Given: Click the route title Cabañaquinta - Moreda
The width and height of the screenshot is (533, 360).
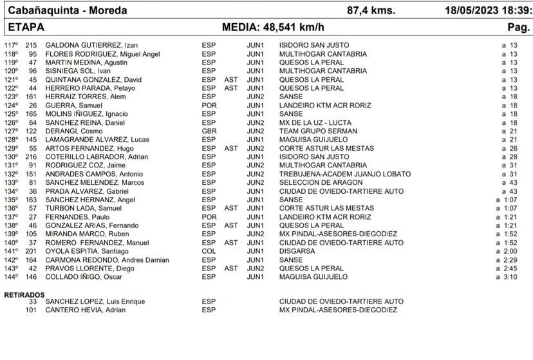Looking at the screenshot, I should pos(67,10).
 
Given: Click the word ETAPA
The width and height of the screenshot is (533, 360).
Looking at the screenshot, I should pos(24,28).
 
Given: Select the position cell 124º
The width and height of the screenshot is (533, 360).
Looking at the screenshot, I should pos(11,105).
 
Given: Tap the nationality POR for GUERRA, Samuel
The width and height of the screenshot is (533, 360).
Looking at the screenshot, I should pos(208,105).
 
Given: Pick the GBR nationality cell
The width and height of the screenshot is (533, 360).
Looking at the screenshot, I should pos(209,131).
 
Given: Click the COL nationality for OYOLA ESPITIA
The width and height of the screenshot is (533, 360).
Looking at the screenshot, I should pos(209,251).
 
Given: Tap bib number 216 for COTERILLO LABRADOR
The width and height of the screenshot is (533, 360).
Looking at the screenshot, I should pos(31,156).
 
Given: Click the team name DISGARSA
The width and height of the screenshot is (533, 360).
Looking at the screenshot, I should pos(297,251).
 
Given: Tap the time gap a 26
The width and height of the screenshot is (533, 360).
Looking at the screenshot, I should pos(509,148).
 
